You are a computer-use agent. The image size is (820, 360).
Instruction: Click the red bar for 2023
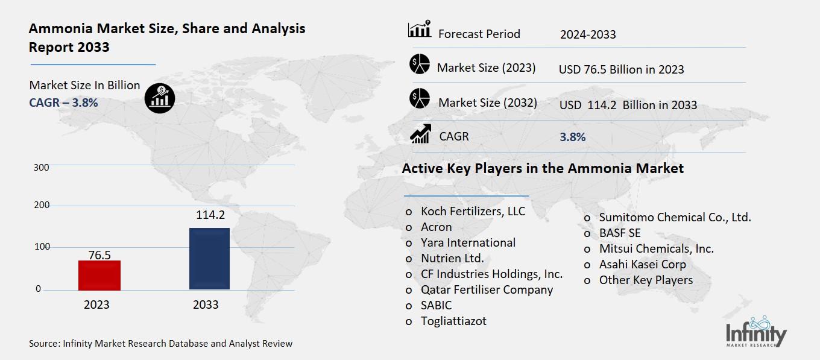(99, 275)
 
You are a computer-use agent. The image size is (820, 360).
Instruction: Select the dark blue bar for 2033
(209, 259)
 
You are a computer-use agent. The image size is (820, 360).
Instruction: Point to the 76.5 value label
(99, 255)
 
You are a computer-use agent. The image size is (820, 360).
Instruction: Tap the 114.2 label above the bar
(210, 215)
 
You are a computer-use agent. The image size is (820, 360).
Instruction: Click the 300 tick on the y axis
(42, 167)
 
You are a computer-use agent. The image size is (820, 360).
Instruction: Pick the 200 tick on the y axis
(42, 206)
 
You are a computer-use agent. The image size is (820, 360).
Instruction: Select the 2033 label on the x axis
(206, 305)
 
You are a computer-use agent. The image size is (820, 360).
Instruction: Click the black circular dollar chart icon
(160, 97)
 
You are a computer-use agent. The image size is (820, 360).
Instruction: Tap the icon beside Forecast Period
(420, 30)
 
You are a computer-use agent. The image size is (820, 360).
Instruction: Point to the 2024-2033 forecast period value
(587, 34)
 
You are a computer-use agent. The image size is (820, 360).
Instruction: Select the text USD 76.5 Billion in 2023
(621, 69)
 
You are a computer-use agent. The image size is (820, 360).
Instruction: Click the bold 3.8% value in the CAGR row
(572, 137)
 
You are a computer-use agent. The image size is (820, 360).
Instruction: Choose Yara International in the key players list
(468, 242)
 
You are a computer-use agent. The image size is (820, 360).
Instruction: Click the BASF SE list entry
(620, 233)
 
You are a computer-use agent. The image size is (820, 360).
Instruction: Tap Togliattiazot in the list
(453, 321)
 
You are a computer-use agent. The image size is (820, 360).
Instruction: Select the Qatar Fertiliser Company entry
(487, 289)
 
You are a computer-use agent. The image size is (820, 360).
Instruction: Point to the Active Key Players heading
(543, 168)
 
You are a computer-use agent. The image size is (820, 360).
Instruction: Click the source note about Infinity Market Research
(160, 344)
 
